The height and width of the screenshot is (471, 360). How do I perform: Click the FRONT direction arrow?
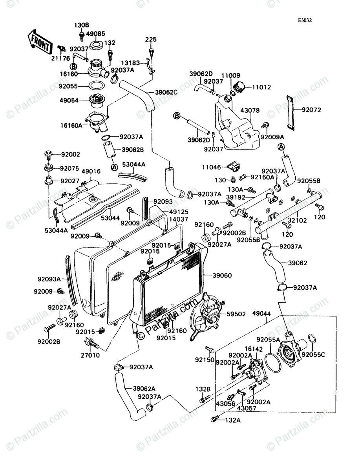click(x=40, y=41)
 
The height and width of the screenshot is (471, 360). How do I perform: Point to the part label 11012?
click(x=261, y=87)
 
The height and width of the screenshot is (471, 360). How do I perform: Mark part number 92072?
click(x=311, y=110)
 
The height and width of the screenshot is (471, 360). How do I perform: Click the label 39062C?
click(x=166, y=92)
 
